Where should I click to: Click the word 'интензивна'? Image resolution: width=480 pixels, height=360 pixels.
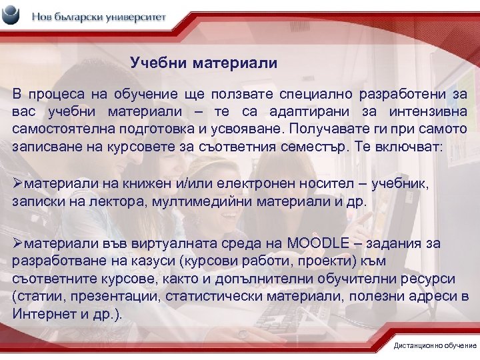tap(424, 111)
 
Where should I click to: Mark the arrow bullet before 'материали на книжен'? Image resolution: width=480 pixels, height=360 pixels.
tap(19, 183)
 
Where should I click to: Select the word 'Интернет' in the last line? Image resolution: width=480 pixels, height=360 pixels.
tap(43, 313)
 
